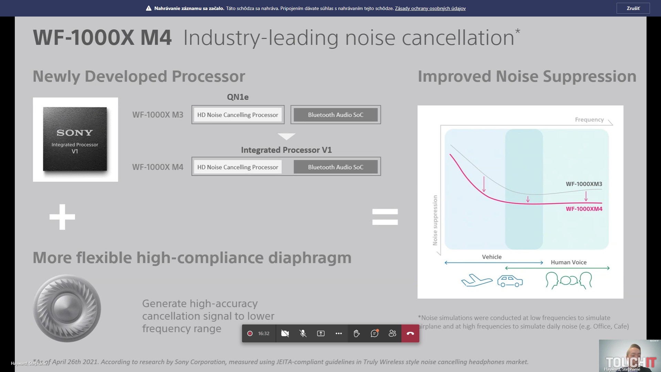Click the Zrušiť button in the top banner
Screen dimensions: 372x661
[x=633, y=8]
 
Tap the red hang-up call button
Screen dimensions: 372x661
[x=410, y=333]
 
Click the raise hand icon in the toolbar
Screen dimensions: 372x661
[x=356, y=333]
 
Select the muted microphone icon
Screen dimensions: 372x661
[x=303, y=333]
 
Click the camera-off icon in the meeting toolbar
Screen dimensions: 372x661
[x=285, y=333]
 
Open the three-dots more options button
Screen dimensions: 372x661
[x=338, y=333]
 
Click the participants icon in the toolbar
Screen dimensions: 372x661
[x=392, y=333]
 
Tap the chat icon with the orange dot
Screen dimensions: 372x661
[x=374, y=333]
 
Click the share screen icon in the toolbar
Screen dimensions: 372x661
[x=321, y=333]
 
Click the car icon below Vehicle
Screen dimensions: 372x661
[x=510, y=281]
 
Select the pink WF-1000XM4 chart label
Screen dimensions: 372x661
[x=584, y=209]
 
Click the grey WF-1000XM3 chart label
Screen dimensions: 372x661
[x=584, y=184]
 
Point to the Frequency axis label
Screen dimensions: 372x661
[x=589, y=120]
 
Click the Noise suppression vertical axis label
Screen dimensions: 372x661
[x=435, y=220]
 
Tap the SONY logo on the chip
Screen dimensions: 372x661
[x=75, y=133]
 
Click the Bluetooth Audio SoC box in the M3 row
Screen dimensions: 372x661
[x=335, y=115]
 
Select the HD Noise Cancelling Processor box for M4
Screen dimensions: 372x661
[x=238, y=167]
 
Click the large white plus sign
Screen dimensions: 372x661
[x=62, y=217]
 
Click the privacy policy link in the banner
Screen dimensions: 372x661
[x=430, y=8]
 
